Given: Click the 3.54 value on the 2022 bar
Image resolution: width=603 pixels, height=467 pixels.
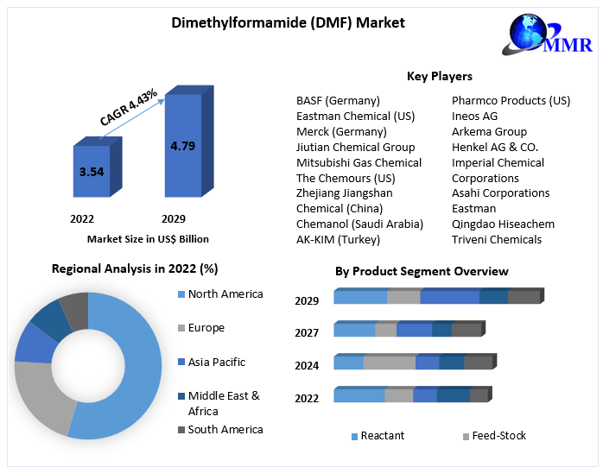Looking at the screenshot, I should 92,172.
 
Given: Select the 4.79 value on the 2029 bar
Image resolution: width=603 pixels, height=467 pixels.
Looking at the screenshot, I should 182,146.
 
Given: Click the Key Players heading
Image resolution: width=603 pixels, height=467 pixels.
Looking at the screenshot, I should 439,77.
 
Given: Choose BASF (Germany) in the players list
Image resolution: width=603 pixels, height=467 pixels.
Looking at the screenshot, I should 338,101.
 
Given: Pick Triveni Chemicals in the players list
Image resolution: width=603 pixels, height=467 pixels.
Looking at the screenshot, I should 497,239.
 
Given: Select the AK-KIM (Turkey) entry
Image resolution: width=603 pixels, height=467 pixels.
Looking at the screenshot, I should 338,239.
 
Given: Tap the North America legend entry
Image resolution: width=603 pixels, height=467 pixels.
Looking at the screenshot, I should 225,294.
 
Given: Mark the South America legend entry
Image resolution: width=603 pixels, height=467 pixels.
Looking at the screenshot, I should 225,429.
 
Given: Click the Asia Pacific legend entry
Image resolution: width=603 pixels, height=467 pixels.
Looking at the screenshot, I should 217,363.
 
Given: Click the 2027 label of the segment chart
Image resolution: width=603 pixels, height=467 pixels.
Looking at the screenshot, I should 307,332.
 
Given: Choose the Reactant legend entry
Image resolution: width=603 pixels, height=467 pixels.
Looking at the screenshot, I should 382,436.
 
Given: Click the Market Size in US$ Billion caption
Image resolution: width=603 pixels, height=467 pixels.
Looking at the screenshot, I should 148,239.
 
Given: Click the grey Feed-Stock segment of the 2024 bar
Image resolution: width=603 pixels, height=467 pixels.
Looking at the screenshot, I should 390,363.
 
